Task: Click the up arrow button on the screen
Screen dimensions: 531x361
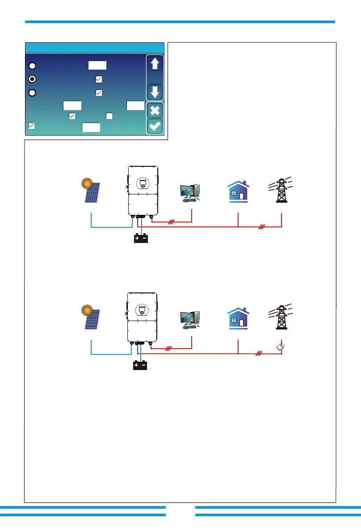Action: tap(155, 64)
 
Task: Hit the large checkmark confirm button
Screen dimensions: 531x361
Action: tap(155, 126)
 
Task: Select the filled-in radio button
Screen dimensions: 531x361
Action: tap(33, 79)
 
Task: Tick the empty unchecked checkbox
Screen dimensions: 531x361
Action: tap(109, 116)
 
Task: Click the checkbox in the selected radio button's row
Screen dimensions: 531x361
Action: tap(99, 79)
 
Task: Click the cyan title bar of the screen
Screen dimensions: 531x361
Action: tap(95, 48)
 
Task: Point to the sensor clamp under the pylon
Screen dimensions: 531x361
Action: tap(280, 347)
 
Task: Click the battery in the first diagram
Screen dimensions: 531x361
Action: tap(141, 239)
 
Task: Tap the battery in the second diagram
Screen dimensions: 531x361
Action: tap(141, 366)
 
